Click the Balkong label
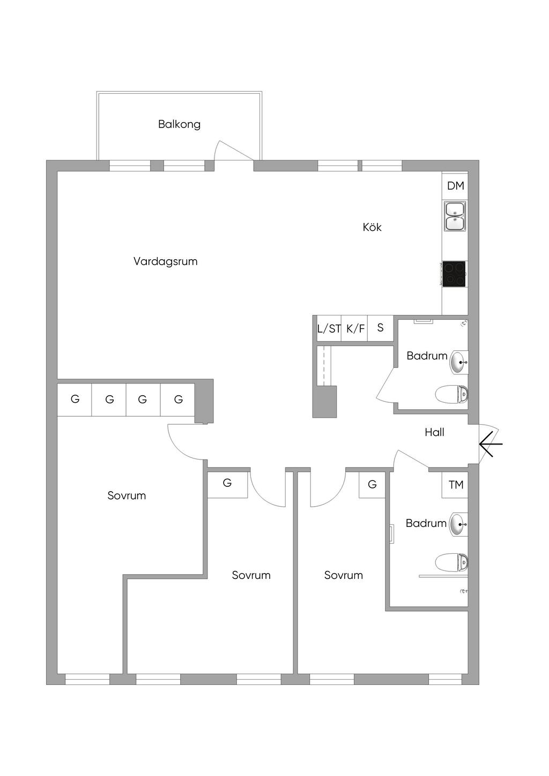tap(179, 124)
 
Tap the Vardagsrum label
tap(166, 261)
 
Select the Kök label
tap(372, 227)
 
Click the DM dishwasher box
tap(455, 186)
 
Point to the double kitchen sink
tap(455, 216)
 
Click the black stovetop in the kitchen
tap(454, 274)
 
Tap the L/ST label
tap(329, 328)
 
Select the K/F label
tap(355, 328)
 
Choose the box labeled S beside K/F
tap(381, 328)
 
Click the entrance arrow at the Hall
tap(491, 443)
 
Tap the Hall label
tap(434, 432)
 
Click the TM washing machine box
tap(455, 485)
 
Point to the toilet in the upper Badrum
tap(451, 394)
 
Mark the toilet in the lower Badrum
tap(451, 562)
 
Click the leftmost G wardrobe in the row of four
tap(75, 400)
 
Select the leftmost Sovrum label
tap(127, 495)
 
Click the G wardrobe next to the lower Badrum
tap(372, 485)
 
